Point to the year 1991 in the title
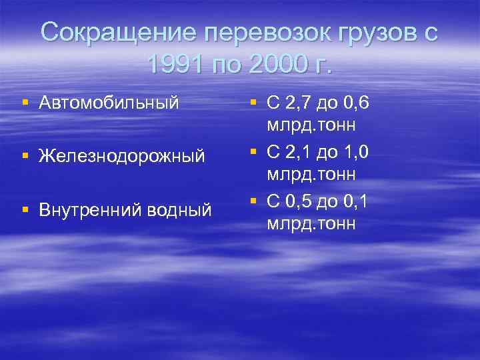click(175, 65)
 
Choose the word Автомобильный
click(109, 103)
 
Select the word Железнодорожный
click(122, 157)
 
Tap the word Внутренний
click(87, 210)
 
